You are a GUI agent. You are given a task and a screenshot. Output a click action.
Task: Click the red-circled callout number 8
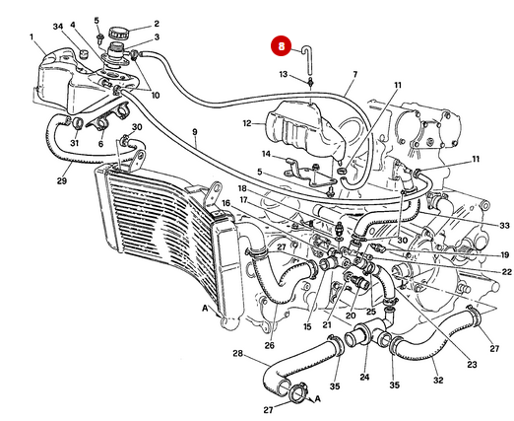pyautogui.click(x=282, y=45)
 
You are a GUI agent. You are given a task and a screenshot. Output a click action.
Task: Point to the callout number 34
pyautogui.click(x=58, y=26)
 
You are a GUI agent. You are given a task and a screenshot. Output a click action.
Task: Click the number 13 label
pyautogui.click(x=283, y=75)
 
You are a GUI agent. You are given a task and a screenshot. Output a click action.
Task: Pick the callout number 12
pyautogui.click(x=248, y=124)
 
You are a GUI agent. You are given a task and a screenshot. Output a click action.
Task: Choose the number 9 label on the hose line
pyautogui.click(x=194, y=132)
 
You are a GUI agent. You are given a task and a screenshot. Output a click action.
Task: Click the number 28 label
pyautogui.click(x=237, y=353)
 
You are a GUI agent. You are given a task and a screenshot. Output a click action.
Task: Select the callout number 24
pyautogui.click(x=364, y=377)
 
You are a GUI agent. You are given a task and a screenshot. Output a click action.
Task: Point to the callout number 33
pyautogui.click(x=504, y=226)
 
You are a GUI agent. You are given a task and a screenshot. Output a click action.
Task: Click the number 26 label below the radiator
pyautogui.click(x=269, y=346)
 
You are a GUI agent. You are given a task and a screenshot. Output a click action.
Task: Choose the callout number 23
pyautogui.click(x=472, y=365)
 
